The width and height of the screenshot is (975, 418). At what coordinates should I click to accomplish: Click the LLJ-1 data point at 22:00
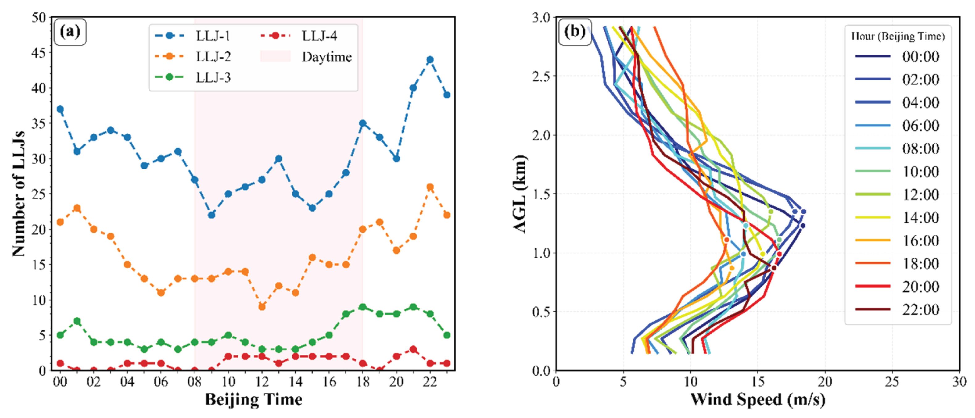pyautogui.click(x=430, y=60)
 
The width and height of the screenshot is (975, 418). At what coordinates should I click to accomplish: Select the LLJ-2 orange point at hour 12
pyautogui.click(x=261, y=306)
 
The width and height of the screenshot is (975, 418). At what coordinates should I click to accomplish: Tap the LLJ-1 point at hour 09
pyautogui.click(x=211, y=215)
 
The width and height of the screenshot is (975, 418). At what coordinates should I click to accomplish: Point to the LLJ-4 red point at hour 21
pyautogui.click(x=413, y=349)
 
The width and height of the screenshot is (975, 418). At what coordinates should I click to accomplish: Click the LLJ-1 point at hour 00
pyautogui.click(x=60, y=109)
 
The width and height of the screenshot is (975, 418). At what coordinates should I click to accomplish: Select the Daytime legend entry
pyautogui.click(x=326, y=57)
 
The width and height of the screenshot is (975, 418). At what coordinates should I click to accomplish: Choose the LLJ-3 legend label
pyautogui.click(x=213, y=78)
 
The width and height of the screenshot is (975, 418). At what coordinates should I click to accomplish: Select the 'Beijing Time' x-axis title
pyautogui.click(x=254, y=400)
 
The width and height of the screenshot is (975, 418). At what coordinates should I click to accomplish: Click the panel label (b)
pyautogui.click(x=575, y=32)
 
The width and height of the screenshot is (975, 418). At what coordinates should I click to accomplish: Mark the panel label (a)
pyautogui.click(x=70, y=32)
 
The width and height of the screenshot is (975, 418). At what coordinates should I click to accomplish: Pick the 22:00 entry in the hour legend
pyautogui.click(x=920, y=310)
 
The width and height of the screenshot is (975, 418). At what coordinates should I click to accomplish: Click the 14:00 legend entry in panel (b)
pyautogui.click(x=920, y=218)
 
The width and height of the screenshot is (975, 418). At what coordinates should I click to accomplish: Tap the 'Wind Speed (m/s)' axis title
pyautogui.click(x=757, y=400)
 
